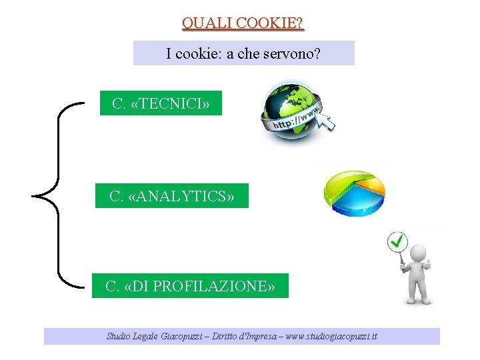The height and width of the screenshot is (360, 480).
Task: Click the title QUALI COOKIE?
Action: [243, 23]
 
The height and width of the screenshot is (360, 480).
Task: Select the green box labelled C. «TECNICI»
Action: [161, 104]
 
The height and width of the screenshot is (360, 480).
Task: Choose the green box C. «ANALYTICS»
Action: [172, 196]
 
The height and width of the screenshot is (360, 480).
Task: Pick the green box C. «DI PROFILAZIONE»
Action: [190, 286]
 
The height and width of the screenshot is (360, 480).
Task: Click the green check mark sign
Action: [398, 241]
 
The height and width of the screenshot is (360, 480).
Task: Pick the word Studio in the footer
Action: [119, 337]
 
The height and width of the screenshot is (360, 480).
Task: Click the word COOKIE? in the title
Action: [271, 23]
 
